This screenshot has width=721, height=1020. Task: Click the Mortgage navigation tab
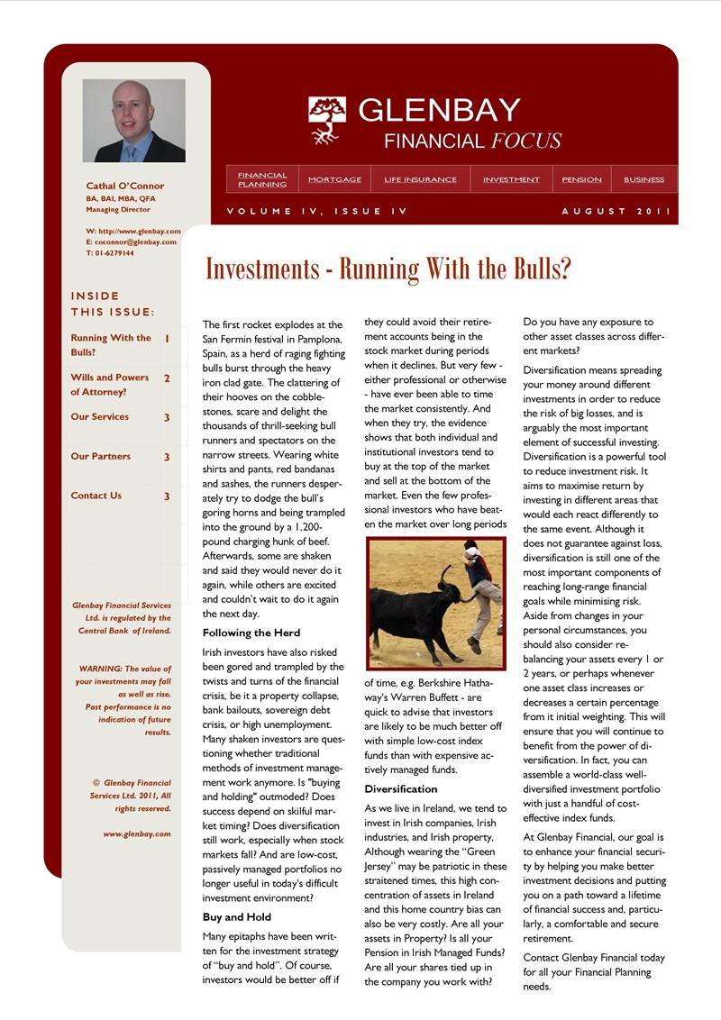click(x=334, y=179)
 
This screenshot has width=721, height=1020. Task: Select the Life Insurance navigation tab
click(x=420, y=179)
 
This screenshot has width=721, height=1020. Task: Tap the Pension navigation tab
click(x=581, y=179)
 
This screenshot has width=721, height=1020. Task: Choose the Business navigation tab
click(x=643, y=179)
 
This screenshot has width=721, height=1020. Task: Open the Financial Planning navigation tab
click(x=262, y=179)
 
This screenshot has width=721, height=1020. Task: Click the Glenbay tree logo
click(x=327, y=120)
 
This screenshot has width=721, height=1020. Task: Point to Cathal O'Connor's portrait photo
click(x=133, y=121)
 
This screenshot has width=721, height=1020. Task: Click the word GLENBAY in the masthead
click(x=439, y=110)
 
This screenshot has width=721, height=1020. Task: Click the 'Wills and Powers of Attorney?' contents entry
click(x=110, y=385)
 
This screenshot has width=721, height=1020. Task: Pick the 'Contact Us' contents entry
click(x=96, y=496)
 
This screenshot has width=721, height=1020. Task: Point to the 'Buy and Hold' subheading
click(x=236, y=917)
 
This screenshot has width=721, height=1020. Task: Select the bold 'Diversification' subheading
click(x=401, y=789)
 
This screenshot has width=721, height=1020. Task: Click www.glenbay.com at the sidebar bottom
click(x=136, y=834)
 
